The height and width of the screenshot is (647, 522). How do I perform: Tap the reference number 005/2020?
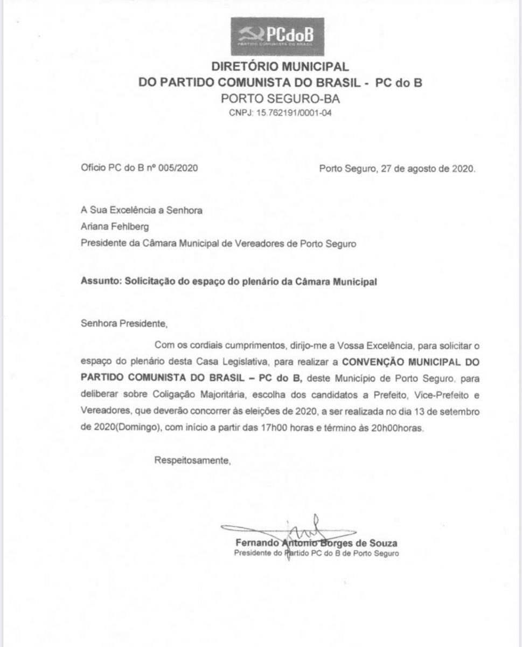tap(179, 168)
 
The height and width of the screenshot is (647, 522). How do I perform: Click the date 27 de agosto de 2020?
tap(428, 168)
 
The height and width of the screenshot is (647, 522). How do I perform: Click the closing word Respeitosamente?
tap(193, 460)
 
